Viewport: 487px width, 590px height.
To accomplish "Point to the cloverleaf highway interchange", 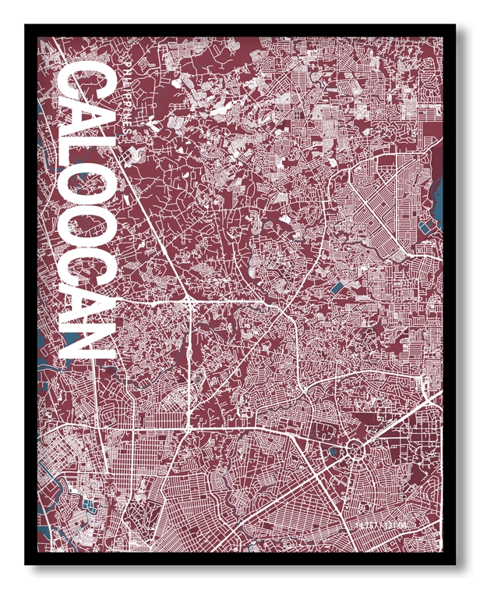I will pos(190,300).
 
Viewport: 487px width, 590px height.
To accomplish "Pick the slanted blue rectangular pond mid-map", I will pos(336,287).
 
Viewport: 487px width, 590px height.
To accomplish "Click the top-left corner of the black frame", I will pos(26,27).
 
